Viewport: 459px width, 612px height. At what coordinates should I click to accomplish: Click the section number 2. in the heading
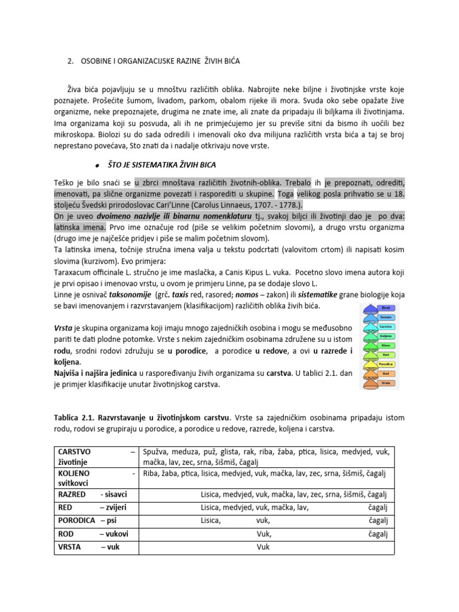pos(69,61)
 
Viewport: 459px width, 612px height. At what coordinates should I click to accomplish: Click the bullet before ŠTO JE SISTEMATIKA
pos(96,165)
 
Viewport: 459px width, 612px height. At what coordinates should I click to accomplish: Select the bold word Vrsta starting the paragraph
pos(65,329)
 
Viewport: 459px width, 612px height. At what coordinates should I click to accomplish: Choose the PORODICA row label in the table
pos(76,521)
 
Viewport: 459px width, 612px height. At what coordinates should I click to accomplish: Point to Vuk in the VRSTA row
pos(264,547)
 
